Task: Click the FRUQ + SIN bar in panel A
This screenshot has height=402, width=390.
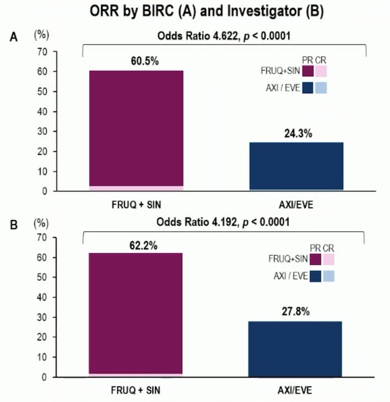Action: (x=136, y=130)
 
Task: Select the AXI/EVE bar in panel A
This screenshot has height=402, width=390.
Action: (x=296, y=167)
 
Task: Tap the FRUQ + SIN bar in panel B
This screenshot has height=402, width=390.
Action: (x=136, y=315)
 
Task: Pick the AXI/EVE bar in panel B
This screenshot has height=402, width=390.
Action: (x=295, y=349)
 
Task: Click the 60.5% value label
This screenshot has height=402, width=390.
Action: (x=144, y=61)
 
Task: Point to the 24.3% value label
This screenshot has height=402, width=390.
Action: (x=298, y=134)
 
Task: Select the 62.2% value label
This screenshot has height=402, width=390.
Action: (x=143, y=245)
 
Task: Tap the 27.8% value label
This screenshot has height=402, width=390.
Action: (x=296, y=311)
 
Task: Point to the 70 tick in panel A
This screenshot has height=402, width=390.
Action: (x=43, y=52)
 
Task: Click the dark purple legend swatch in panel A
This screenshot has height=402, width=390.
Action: (x=308, y=71)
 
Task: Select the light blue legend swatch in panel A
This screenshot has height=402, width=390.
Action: (x=321, y=88)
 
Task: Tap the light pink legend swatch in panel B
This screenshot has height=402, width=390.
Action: (x=329, y=259)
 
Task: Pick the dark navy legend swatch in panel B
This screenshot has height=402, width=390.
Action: (x=316, y=277)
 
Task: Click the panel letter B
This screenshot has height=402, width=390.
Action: (x=13, y=225)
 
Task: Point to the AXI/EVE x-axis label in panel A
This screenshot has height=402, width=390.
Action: (x=296, y=205)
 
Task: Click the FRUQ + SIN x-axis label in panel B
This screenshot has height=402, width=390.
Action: (x=136, y=390)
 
